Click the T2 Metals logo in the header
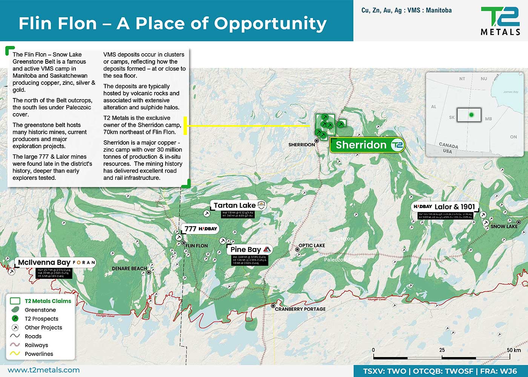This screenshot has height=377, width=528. (x=500, y=21)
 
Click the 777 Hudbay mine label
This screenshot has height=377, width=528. (x=201, y=228)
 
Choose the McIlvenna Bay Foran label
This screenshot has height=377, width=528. (x=56, y=262)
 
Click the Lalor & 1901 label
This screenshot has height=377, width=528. (x=445, y=207)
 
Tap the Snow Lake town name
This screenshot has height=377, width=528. (x=504, y=227)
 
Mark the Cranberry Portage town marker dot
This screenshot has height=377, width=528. (x=273, y=306)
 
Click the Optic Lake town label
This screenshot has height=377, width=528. (x=312, y=245)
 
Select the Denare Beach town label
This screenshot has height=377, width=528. (x=129, y=269)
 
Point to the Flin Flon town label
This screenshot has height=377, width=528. (x=196, y=246)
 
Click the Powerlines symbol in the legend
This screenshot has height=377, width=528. (x=15, y=354)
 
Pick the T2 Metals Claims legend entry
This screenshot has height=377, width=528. (x=48, y=301)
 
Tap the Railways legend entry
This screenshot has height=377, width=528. (x=36, y=345)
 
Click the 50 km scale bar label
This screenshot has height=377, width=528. (x=513, y=350)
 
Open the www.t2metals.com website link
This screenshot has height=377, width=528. (x=44, y=370)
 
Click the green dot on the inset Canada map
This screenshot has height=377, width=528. (x=471, y=115)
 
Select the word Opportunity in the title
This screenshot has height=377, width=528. (x=270, y=23)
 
